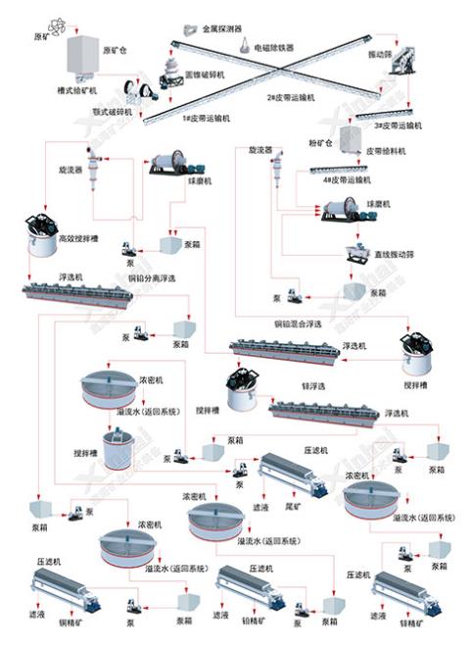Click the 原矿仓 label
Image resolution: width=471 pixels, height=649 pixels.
116,47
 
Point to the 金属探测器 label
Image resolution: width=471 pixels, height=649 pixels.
223,29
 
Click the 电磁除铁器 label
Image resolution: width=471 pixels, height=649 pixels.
274,46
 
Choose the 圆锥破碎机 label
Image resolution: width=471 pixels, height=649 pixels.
204,75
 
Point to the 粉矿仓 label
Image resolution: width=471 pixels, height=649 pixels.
321,140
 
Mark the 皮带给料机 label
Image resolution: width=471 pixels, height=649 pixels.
388,153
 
